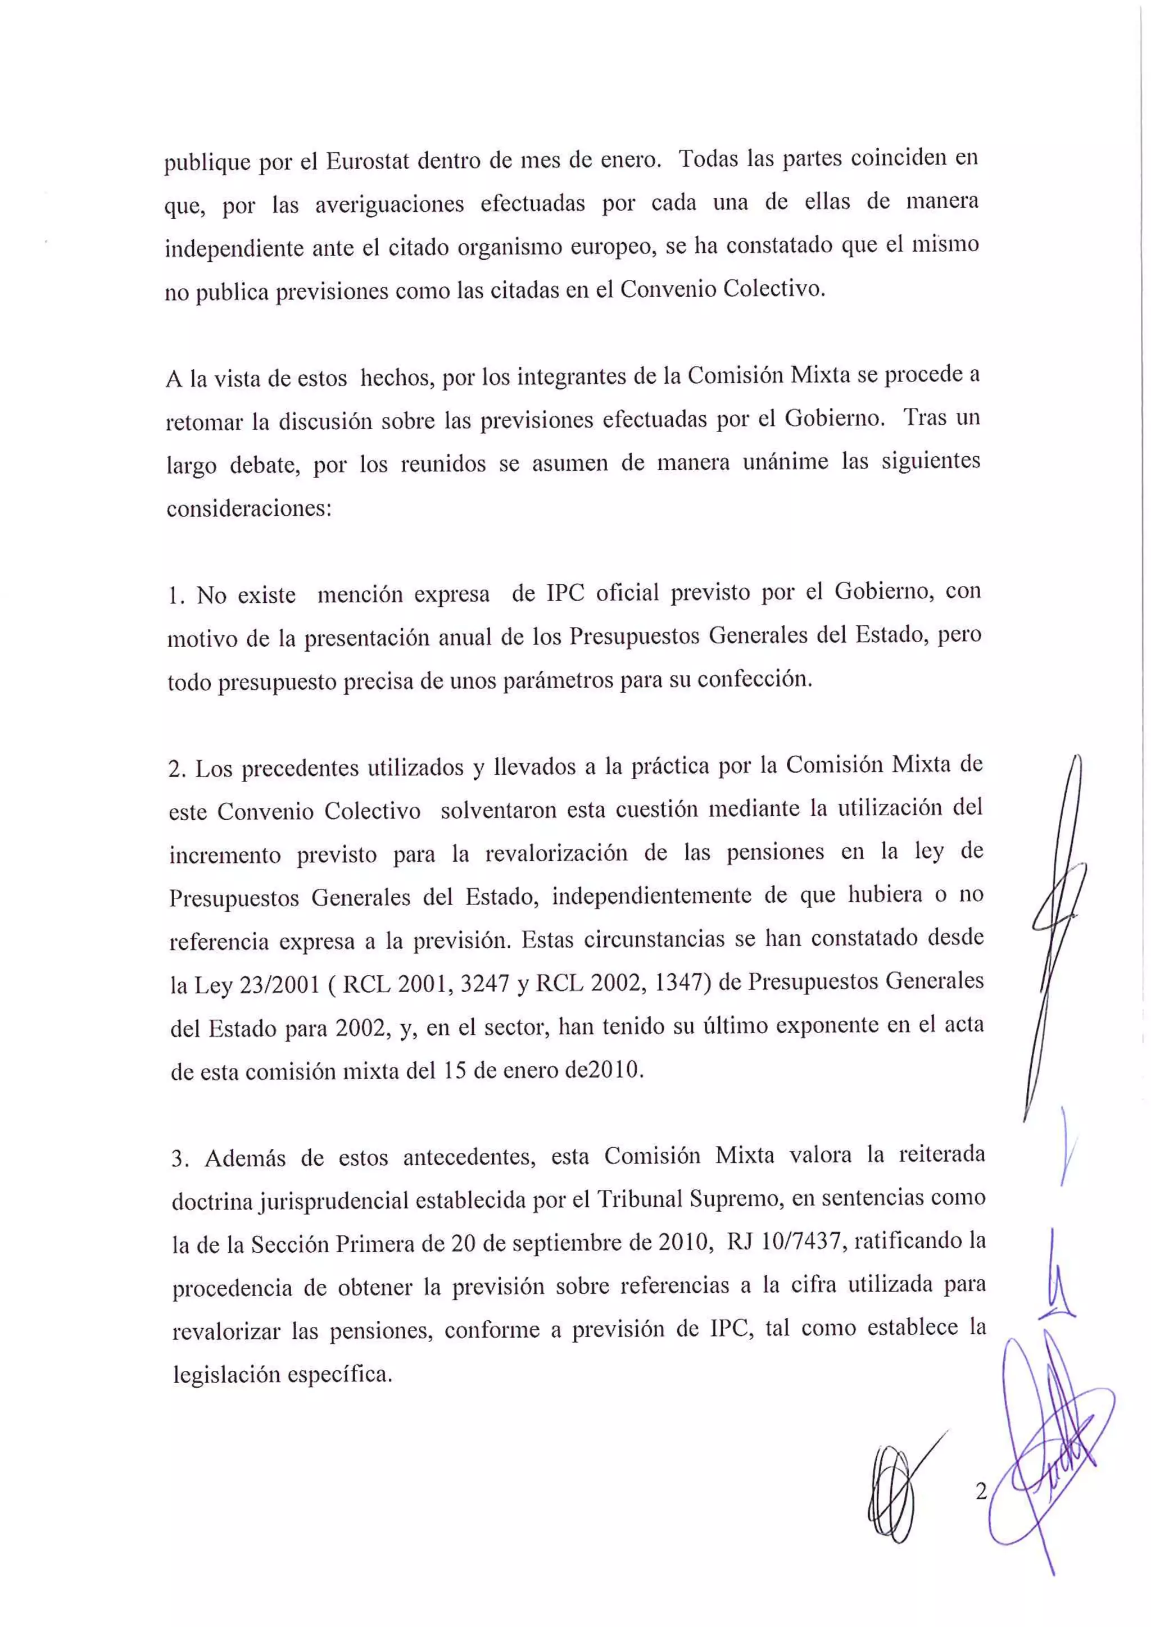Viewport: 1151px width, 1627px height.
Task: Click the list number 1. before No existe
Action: pos(176,596)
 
